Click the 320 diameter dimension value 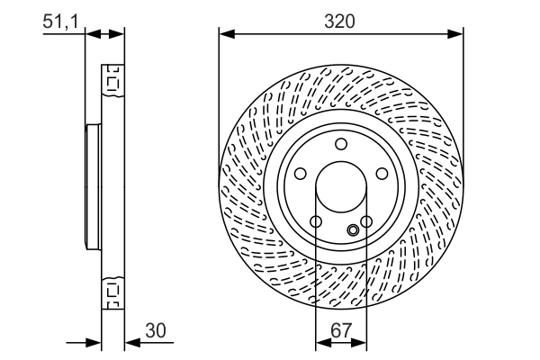click(x=341, y=21)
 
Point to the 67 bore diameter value click(x=340, y=330)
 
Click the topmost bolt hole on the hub click(x=340, y=144)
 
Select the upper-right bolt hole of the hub click(x=382, y=174)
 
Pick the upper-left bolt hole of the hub click(x=299, y=174)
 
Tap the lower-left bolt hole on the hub click(x=315, y=222)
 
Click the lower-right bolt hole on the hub click(x=366, y=222)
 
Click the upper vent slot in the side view click(x=112, y=82)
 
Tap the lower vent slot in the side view click(x=112, y=292)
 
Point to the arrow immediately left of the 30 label click(x=131, y=342)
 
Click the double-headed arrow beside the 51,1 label click(x=104, y=34)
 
